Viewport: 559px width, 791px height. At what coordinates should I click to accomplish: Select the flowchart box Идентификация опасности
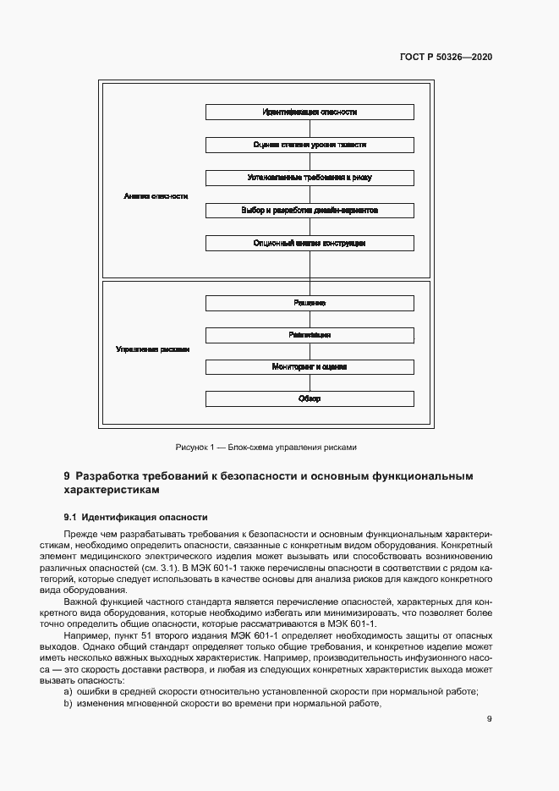(x=310, y=112)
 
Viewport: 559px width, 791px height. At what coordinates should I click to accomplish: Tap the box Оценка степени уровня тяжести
(x=310, y=145)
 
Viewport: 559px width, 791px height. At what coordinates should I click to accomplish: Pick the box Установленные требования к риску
(x=310, y=178)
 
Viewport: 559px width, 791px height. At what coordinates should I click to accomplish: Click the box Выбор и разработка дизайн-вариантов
(x=310, y=210)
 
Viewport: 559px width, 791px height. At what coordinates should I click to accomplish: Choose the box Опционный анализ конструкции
(x=310, y=243)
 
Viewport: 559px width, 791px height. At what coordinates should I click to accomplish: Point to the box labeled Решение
(x=310, y=303)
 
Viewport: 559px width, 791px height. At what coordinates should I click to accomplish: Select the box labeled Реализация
(x=310, y=335)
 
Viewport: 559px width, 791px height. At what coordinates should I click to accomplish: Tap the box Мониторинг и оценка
(x=310, y=367)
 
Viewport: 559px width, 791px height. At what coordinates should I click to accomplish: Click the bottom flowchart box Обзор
(x=310, y=398)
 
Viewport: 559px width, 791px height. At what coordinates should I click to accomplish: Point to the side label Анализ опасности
(x=156, y=195)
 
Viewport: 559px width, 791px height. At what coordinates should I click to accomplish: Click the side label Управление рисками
(x=152, y=349)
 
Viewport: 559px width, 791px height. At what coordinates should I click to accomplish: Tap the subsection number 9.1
(x=71, y=517)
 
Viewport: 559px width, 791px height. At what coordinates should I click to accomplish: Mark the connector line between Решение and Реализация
(x=310, y=319)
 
